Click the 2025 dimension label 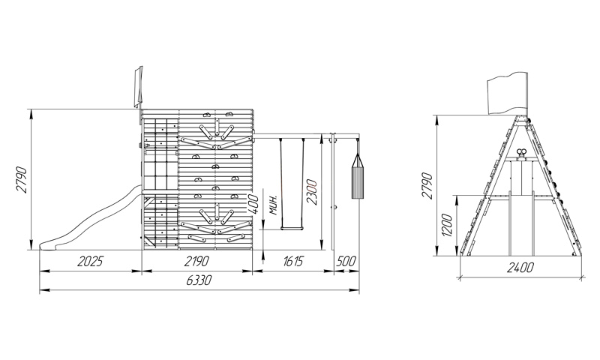(90, 262)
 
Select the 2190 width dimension (196, 262)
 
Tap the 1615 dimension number (293, 262)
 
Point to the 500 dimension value (346, 262)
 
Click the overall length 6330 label (199, 280)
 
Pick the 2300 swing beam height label (311, 192)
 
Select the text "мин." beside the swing (273, 205)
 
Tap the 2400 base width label (520, 268)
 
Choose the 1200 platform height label (446, 225)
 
